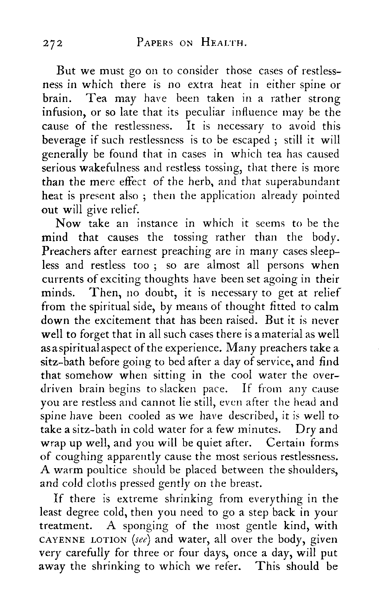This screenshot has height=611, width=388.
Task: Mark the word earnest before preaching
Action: tap(131, 251)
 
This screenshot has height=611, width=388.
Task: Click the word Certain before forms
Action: tap(291, 442)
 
